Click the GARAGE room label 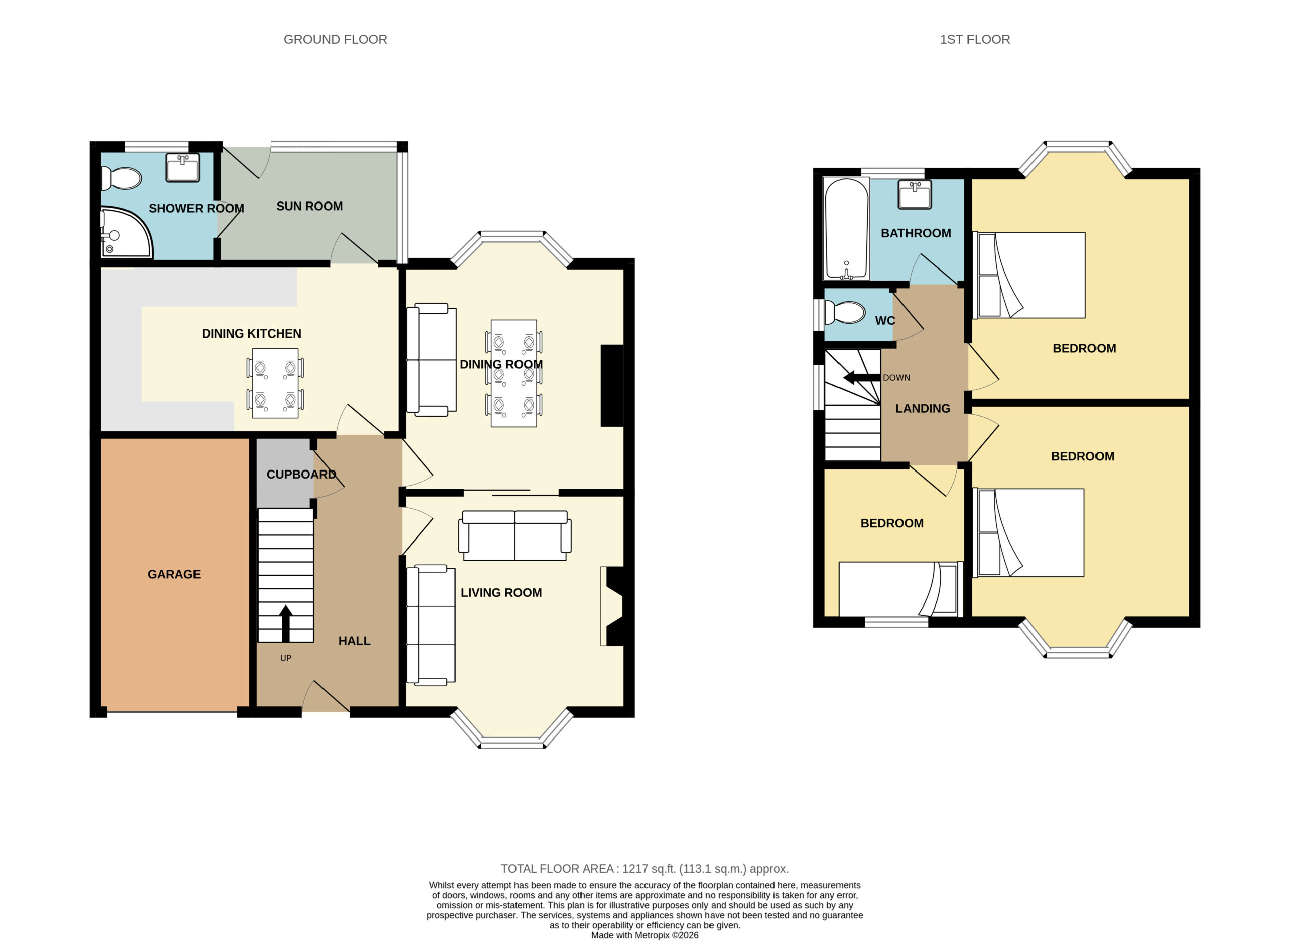pos(174,574)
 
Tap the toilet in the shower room pos(121,178)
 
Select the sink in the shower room pos(182,167)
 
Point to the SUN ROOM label pos(309,206)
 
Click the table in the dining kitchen pos(275,383)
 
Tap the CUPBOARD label pos(301,475)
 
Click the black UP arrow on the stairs pos(286,624)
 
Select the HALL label pos(354,641)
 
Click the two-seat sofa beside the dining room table pos(431,360)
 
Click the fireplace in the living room pos(612,606)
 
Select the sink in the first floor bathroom pos(915,194)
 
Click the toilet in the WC pos(845,313)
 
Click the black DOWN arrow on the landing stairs pos(862,377)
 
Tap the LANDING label pos(923,409)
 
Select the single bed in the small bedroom pos(901,589)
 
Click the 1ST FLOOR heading pos(975,39)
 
